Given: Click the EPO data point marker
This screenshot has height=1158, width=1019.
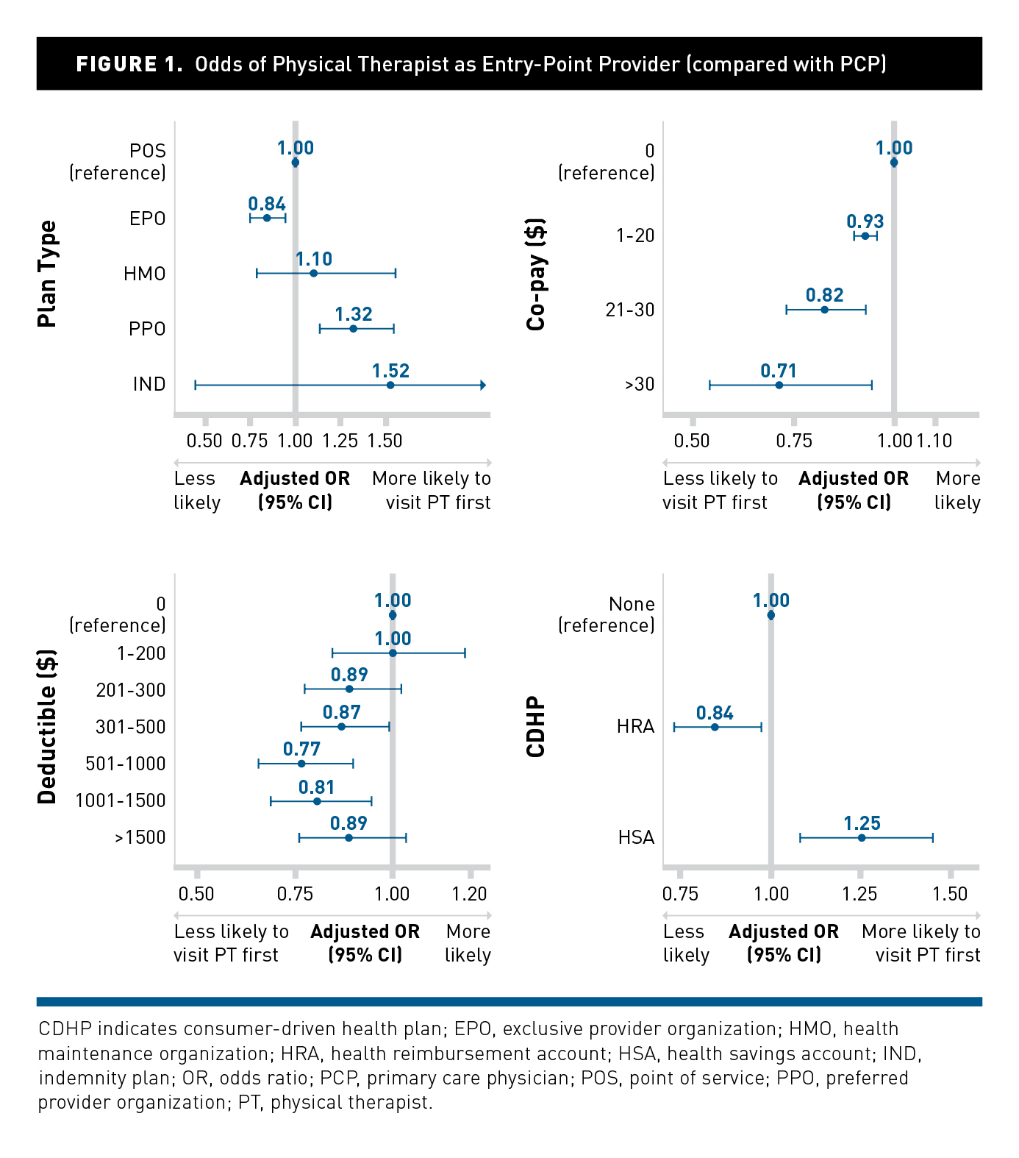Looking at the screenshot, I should [x=267, y=218].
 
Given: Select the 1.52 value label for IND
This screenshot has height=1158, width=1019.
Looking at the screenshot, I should [x=390, y=371].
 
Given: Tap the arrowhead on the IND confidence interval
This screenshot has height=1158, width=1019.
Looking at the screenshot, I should [x=482, y=385].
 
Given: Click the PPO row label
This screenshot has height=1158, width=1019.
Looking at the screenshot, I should [x=147, y=329].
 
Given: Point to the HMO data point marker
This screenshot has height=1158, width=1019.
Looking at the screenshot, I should [x=313, y=274].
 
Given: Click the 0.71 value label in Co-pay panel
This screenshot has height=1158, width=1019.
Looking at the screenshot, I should [x=779, y=371].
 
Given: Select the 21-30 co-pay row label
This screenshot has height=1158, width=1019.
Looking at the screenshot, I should [x=630, y=310].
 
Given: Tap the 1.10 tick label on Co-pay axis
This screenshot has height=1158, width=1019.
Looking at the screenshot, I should [x=934, y=441].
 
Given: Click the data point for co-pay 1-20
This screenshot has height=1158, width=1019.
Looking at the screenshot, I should [x=865, y=236].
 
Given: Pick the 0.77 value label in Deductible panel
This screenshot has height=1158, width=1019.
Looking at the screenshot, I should [x=301, y=749].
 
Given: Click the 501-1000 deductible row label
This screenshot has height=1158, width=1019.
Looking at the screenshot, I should [x=126, y=764].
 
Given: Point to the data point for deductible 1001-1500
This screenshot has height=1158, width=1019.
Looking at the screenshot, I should [x=317, y=801].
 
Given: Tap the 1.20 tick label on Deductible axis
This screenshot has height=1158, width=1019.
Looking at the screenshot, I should [x=469, y=894].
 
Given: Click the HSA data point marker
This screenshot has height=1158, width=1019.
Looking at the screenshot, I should [x=862, y=837].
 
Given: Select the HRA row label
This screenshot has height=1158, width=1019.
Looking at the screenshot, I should [x=635, y=727].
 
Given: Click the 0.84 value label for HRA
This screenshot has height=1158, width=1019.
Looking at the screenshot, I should [x=715, y=713].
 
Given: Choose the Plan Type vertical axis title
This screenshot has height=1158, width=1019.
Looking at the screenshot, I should [x=47, y=274].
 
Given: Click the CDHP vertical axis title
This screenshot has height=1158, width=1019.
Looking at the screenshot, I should [x=536, y=727].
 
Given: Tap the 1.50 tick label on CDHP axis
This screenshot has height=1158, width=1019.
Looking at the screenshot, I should [x=950, y=894].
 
